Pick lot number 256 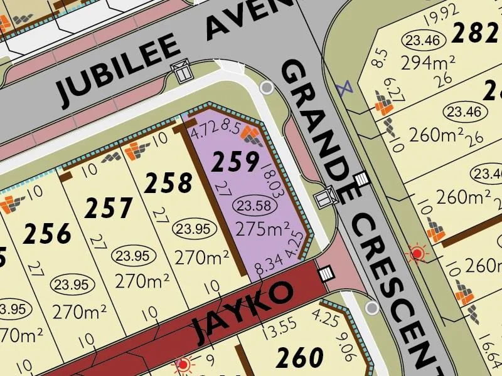point(47,234)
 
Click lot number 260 point(300,358)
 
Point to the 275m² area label point(262,229)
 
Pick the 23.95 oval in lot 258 point(195,229)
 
